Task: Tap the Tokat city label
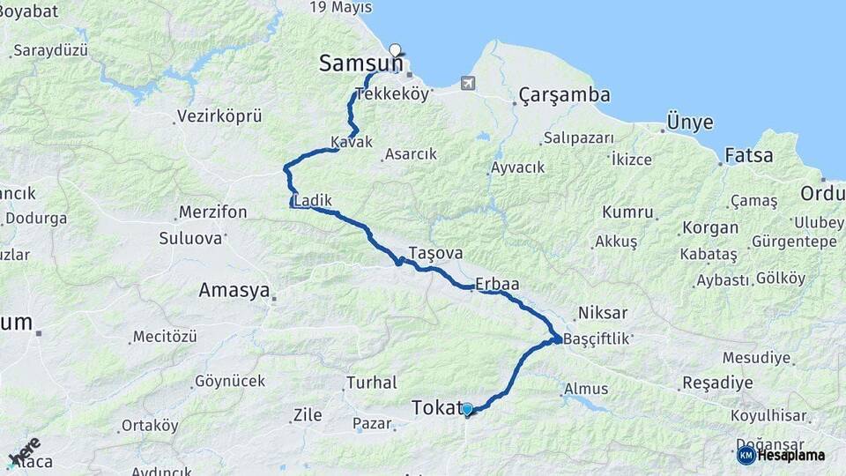(436, 407)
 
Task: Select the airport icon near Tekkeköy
(466, 84)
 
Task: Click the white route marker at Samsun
(395, 50)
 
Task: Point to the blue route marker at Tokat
(467, 409)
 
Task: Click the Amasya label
(234, 290)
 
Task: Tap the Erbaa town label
(497, 284)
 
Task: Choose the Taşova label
(434, 253)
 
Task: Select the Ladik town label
(313, 201)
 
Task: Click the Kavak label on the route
(352, 142)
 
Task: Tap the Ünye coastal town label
(690, 122)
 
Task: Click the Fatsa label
(748, 156)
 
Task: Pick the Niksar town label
(603, 313)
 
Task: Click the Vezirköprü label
(219, 115)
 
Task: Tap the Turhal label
(370, 383)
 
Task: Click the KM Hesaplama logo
(781, 455)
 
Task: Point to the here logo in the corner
(24, 450)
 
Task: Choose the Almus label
(586, 389)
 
